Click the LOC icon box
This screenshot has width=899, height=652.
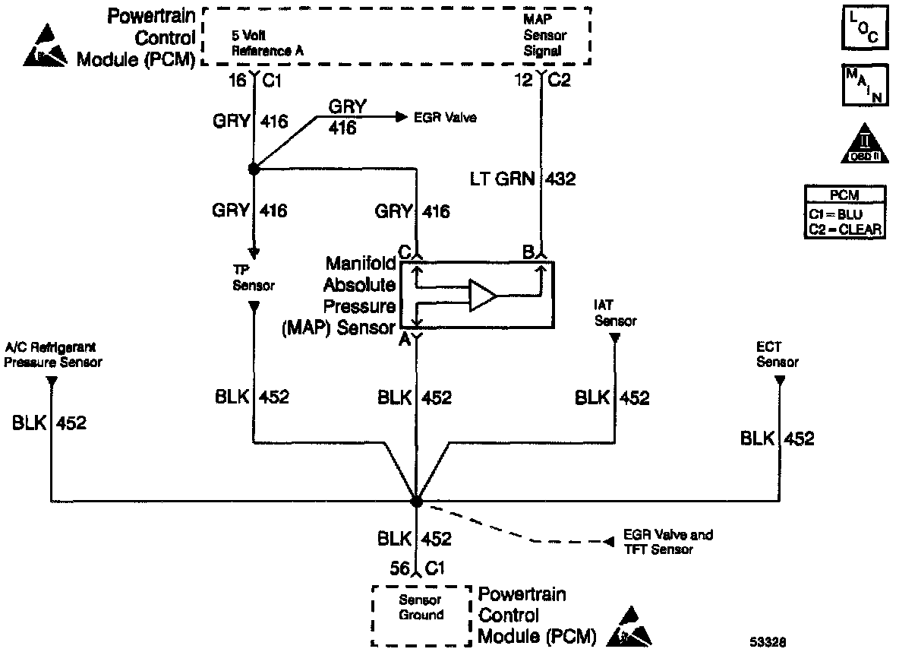(865, 27)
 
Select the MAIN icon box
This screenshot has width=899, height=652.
(865, 85)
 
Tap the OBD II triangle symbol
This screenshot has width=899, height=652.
(865, 144)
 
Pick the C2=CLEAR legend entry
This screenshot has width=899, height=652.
(844, 229)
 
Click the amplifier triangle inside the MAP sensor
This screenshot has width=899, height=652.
(483, 296)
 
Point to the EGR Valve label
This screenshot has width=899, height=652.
(445, 118)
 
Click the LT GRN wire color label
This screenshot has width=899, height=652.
(502, 179)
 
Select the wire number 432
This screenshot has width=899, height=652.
(560, 179)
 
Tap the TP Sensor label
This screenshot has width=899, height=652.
(254, 278)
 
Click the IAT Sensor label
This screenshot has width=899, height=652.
(615, 313)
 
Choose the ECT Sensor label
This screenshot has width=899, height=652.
(778, 354)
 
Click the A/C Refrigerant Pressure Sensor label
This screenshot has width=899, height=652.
(52, 355)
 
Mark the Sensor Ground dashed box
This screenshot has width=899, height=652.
(421, 616)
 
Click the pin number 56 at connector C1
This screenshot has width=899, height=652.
(399, 568)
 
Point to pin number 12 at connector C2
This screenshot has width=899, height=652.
(524, 80)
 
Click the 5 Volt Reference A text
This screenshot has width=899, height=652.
(267, 43)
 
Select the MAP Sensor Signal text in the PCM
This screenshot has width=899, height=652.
(544, 35)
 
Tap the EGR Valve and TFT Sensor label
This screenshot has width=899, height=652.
(668, 543)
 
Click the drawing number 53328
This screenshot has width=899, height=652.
(768, 642)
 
